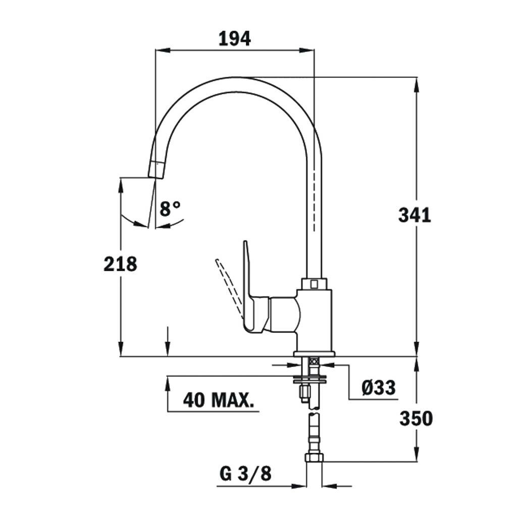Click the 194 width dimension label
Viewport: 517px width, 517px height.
234,38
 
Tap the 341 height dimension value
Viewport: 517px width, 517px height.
415,215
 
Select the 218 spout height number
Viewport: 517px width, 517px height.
120,264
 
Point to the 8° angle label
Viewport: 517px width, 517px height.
170,209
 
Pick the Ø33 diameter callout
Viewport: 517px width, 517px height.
378,387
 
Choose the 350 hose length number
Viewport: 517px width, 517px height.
416,419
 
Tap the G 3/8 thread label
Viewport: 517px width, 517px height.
245,474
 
